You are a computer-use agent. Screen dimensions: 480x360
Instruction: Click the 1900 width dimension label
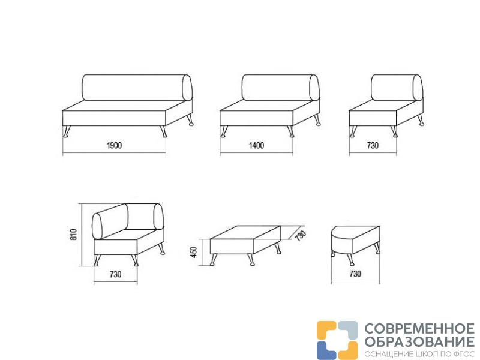pos(114,145)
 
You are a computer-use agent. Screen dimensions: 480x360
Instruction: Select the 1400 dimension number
pos(257,145)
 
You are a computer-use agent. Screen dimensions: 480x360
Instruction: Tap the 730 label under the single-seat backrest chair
pos(373,145)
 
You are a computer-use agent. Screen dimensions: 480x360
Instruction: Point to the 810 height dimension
pos(74,234)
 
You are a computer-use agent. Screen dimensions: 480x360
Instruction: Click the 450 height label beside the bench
pos(194,252)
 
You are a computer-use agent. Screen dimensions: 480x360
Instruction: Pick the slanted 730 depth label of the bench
pos(301,235)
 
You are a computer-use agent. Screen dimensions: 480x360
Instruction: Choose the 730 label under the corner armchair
pos(115,274)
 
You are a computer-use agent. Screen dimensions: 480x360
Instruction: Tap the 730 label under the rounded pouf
pos(355,274)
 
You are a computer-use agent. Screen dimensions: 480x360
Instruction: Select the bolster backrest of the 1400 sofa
pos(280,88)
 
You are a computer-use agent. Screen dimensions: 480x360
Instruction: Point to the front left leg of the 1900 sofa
pos(67,131)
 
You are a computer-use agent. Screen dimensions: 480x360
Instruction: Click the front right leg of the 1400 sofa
pos(290,131)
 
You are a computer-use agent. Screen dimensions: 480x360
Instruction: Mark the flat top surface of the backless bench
pos(245,233)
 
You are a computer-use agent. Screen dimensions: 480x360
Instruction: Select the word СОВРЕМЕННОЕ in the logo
pos(419,329)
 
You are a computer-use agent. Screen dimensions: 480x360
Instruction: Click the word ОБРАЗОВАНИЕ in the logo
pos(419,341)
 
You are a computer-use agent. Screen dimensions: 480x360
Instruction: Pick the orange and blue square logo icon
pos(337,340)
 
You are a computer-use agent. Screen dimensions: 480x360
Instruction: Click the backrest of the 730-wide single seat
pos(397,88)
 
